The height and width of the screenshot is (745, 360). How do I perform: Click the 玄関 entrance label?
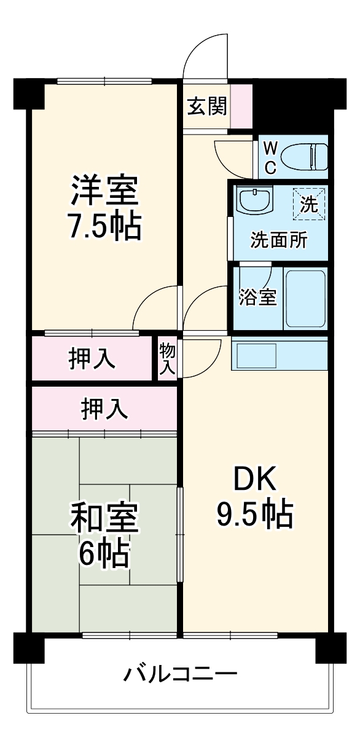click(x=207, y=106)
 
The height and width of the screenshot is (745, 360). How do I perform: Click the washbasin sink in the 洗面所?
click(x=254, y=200)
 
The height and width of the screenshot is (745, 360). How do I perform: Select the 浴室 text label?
click(x=257, y=297)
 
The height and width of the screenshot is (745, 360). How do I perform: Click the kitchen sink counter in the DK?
click(x=280, y=356)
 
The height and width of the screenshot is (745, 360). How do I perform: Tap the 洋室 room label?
click(x=104, y=190)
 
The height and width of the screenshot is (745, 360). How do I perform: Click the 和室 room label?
click(x=104, y=518)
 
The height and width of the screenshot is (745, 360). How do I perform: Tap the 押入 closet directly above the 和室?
click(x=104, y=408)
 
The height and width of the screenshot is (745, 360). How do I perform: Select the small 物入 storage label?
click(x=167, y=358)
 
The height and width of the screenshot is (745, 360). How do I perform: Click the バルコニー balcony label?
click(x=181, y=674)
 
